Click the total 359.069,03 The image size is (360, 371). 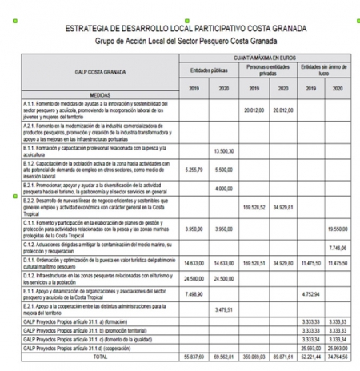tap(252, 357)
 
